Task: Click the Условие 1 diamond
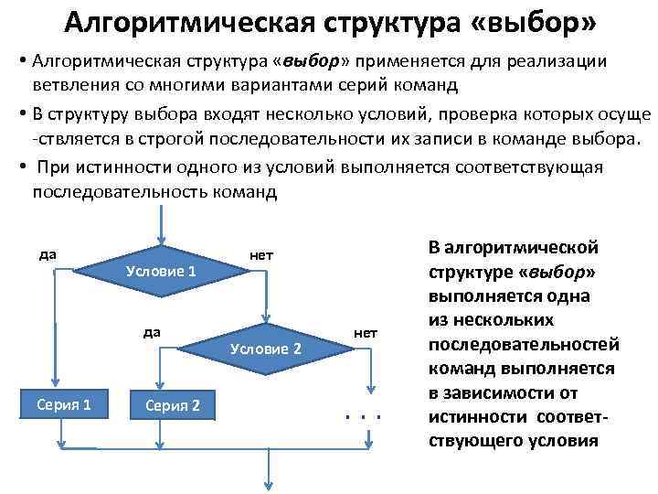tap(161, 271)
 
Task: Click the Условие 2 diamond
tap(266, 349)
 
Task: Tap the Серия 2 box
tap(166, 404)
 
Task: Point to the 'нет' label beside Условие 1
tap(261, 254)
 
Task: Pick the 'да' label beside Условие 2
tap(153, 331)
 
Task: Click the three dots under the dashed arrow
tap(363, 417)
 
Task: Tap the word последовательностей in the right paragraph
tap(517, 344)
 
